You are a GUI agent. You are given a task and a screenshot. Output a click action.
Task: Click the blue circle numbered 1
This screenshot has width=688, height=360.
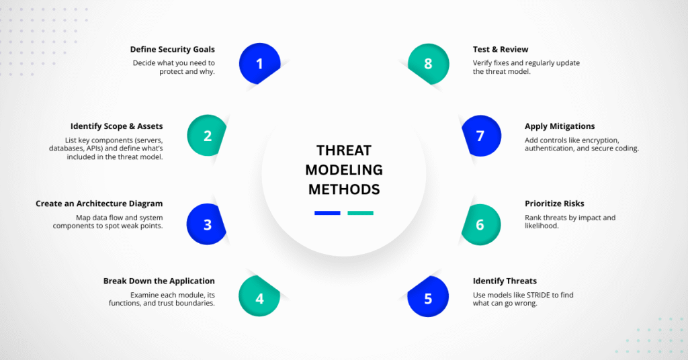tap(259, 64)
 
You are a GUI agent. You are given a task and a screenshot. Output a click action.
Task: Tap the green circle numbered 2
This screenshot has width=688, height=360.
tap(208, 136)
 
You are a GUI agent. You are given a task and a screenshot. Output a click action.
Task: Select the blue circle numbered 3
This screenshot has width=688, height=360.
tap(208, 225)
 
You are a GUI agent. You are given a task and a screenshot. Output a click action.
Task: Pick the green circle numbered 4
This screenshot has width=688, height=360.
tap(259, 296)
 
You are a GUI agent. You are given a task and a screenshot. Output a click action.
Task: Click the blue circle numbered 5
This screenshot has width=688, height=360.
tap(428, 296)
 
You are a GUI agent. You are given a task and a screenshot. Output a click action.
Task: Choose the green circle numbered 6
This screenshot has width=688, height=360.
tap(480, 225)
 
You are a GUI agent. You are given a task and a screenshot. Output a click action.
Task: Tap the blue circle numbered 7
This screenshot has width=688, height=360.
tap(480, 136)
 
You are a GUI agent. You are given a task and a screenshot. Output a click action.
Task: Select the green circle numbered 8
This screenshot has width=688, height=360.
tap(428, 64)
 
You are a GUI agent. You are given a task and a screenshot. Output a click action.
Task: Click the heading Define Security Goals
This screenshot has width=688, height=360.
tap(173, 49)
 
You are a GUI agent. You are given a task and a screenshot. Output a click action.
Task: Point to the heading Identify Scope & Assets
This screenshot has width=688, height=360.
tap(116, 126)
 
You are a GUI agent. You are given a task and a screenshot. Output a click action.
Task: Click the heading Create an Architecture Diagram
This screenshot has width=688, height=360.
tap(99, 204)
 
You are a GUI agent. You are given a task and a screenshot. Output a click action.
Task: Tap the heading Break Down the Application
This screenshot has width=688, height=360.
tap(159, 281)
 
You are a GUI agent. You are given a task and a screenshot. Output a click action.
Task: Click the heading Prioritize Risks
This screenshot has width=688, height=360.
tap(554, 204)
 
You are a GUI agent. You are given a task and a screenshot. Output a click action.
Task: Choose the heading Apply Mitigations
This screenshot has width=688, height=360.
tap(560, 126)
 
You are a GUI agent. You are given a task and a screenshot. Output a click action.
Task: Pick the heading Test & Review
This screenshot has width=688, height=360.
tap(501, 49)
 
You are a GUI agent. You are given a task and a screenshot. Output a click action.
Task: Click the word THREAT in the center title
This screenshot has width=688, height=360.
tap(344, 150)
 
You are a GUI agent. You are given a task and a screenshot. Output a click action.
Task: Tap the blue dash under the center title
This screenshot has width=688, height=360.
tap(327, 213)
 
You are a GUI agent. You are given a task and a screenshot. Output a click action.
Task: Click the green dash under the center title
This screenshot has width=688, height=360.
tap(360, 213)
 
